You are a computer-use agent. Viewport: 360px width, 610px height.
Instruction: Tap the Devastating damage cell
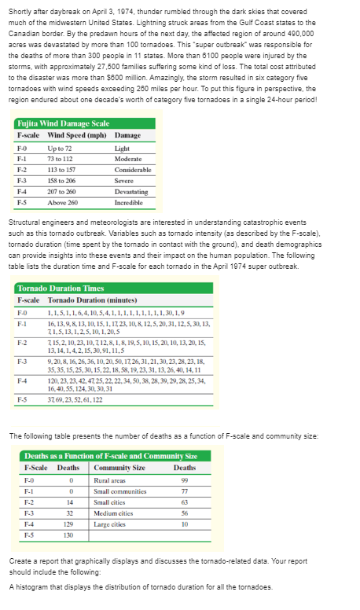[130, 192]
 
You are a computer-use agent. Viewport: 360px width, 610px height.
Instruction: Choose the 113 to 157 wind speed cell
[63, 169]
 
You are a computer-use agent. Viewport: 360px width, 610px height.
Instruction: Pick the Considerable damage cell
[133, 169]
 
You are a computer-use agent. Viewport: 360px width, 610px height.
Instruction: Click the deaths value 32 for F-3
[71, 512]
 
